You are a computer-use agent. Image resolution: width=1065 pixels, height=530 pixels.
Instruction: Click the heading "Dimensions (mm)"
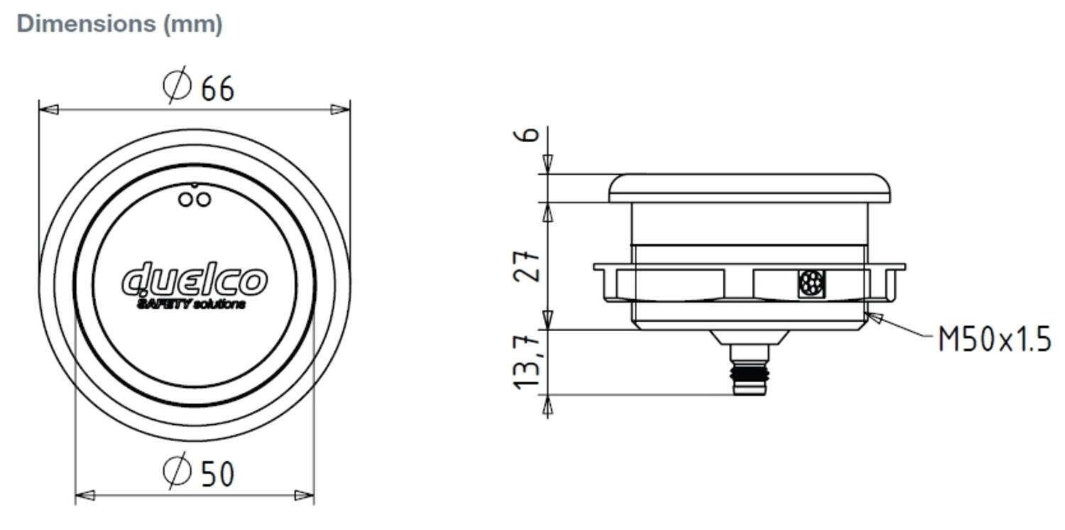pyautogui.click(x=119, y=23)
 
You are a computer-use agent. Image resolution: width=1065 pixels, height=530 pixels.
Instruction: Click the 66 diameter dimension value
pyautogui.click(x=217, y=90)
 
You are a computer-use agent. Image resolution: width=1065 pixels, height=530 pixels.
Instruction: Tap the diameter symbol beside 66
pyautogui.click(x=177, y=85)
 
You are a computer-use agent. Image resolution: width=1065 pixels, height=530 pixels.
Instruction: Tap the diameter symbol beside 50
pyautogui.click(x=177, y=470)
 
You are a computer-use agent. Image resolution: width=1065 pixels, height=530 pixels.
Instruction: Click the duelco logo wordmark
pyautogui.click(x=195, y=281)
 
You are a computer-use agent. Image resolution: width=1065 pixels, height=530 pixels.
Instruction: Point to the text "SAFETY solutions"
pyautogui.click(x=191, y=305)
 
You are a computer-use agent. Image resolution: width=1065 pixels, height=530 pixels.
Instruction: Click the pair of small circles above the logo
pyautogui.click(x=195, y=199)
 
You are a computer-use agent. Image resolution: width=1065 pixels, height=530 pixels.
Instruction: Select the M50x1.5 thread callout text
pyautogui.click(x=994, y=340)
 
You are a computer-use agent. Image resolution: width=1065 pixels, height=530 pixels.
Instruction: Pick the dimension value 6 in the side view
pyautogui.click(x=530, y=134)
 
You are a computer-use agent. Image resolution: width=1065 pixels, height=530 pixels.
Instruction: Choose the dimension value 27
pyautogui.click(x=529, y=266)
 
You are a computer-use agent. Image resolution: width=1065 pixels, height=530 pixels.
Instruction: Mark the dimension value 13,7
pyautogui.click(x=529, y=362)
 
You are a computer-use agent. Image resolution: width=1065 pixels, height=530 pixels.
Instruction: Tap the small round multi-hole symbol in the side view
pyautogui.click(x=810, y=283)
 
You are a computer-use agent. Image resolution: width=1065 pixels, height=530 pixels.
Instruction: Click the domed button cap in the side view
pyautogui.click(x=750, y=188)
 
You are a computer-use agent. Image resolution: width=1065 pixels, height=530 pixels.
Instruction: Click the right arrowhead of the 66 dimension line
pyautogui.click(x=340, y=109)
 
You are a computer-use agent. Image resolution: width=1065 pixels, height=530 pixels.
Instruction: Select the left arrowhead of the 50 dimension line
pyautogui.click(x=85, y=495)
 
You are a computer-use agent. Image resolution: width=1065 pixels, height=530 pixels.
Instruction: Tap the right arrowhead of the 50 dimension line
pyautogui.click(x=305, y=495)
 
